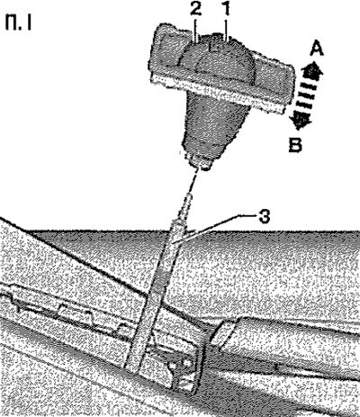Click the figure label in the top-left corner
click(18, 23)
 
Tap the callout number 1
click(226, 8)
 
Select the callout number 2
click(195, 10)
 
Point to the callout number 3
click(265, 216)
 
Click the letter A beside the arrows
click(317, 49)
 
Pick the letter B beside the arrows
click(295, 145)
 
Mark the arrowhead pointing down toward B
click(301, 121)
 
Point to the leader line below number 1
click(227, 28)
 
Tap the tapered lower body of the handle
click(217, 126)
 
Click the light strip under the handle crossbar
click(218, 94)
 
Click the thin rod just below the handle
click(193, 182)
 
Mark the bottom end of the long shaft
click(132, 367)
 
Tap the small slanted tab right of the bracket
click(222, 331)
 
